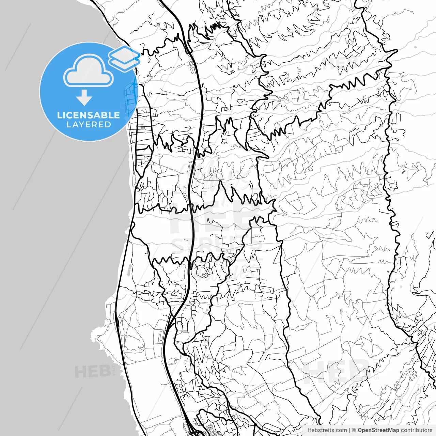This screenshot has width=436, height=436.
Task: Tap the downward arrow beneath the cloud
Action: click(84, 97)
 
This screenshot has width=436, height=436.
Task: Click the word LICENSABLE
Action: click(89, 115)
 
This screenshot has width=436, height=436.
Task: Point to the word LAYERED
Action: click(89, 125)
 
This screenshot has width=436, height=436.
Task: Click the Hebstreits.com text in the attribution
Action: click(327, 430)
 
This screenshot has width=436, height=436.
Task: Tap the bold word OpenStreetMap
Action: click(378, 430)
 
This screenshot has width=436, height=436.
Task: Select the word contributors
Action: click(416, 430)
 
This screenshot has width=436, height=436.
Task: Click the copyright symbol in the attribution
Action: click(354, 430)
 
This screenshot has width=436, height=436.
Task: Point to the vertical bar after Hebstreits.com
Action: click(349, 430)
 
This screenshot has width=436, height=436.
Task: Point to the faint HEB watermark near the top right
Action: click(341, 63)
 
